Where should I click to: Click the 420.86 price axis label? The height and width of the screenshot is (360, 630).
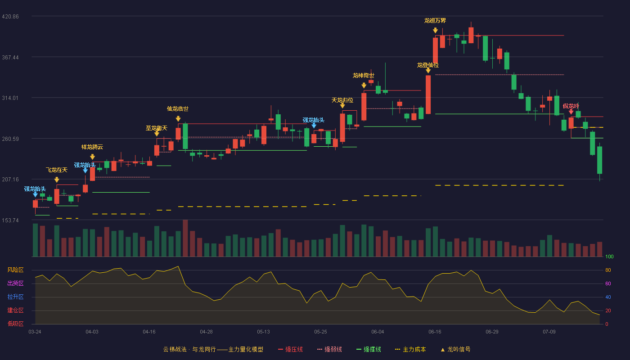tap(10, 17)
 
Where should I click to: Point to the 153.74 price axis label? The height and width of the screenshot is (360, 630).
tap(10, 220)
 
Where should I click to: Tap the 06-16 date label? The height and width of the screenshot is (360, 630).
tap(435, 332)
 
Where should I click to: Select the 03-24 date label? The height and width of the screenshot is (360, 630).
tap(35, 332)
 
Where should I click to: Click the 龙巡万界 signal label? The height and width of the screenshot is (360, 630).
tap(435, 21)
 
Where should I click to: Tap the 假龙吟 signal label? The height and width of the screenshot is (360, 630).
tap(571, 106)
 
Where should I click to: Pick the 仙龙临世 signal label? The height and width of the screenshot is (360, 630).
tap(178, 109)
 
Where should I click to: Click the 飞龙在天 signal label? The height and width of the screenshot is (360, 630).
tap(57, 170)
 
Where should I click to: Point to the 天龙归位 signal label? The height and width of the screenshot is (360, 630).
tap(342, 100)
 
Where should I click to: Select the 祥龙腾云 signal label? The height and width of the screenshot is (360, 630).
tap(92, 147)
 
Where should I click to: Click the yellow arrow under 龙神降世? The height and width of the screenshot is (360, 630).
tap(364, 85)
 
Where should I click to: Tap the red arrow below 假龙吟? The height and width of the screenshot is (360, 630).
tap(571, 112)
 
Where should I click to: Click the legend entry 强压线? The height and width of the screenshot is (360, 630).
tap(290, 349)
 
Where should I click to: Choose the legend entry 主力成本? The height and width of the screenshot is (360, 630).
tap(410, 349)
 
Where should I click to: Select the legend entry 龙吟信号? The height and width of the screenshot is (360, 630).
tap(455, 349)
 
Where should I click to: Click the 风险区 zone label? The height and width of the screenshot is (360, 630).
tap(15, 270)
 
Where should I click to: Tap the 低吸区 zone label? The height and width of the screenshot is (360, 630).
tap(15, 324)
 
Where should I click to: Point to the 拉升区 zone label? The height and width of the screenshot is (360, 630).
tap(15, 297)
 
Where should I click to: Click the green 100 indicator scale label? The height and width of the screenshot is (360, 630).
tap(609, 256)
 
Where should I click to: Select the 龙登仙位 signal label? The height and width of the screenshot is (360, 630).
tap(428, 65)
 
